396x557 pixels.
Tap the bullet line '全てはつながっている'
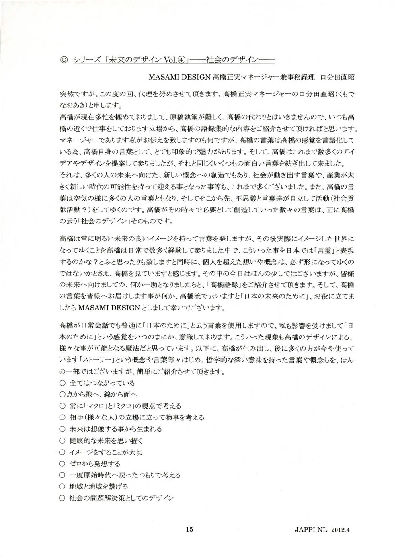point(102,383)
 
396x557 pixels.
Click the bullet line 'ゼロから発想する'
point(95,464)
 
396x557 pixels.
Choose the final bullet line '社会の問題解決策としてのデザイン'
point(122,498)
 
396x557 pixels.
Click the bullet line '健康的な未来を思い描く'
point(106,440)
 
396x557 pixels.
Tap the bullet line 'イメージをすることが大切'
point(106,452)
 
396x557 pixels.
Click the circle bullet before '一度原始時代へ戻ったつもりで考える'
point(62,475)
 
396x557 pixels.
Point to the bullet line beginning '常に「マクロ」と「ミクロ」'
point(125,406)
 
